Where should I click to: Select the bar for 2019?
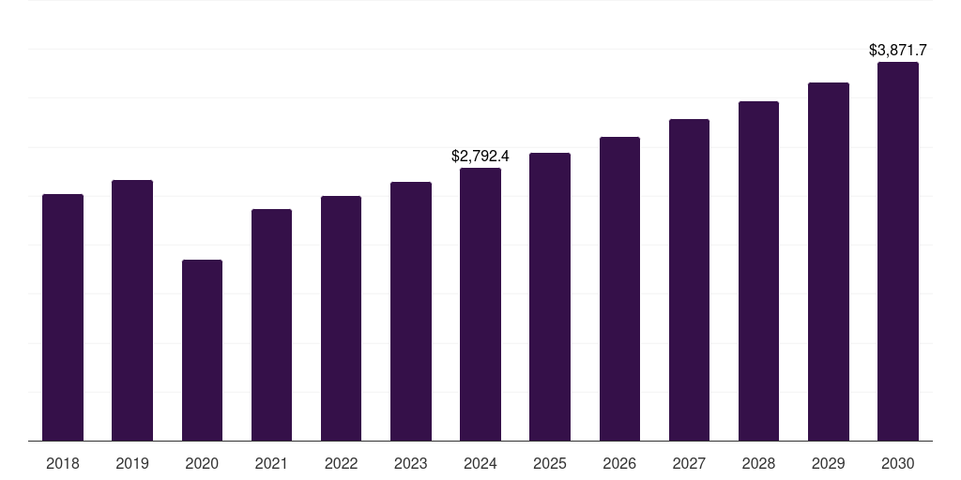click(x=132, y=310)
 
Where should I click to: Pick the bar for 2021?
click(x=271, y=324)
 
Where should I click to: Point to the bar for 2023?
click(x=411, y=311)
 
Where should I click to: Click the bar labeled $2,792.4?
click(x=480, y=304)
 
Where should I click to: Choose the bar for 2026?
click(x=619, y=289)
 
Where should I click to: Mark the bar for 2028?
click(x=758, y=271)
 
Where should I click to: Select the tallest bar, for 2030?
click(x=898, y=251)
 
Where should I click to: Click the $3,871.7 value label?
click(x=898, y=49)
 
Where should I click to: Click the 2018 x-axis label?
click(x=63, y=463)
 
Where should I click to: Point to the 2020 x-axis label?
click(x=202, y=463)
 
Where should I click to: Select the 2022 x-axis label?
click(x=341, y=463)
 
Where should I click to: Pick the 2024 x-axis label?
click(x=480, y=463)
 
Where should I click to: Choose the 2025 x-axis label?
click(x=550, y=463)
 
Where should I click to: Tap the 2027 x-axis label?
click(x=689, y=463)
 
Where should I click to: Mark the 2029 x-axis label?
click(x=829, y=463)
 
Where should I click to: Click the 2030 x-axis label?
click(x=898, y=463)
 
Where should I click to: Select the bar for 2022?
click(x=341, y=318)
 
